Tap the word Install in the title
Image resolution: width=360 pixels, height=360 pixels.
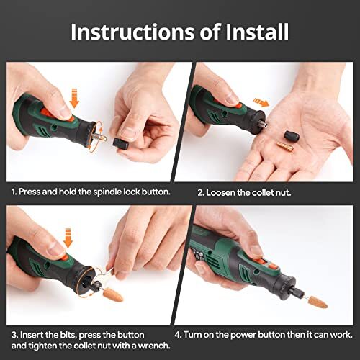pos(255,32)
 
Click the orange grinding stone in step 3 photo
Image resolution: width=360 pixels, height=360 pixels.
pos(114,295)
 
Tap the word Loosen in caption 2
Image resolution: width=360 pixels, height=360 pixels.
pos(227,192)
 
